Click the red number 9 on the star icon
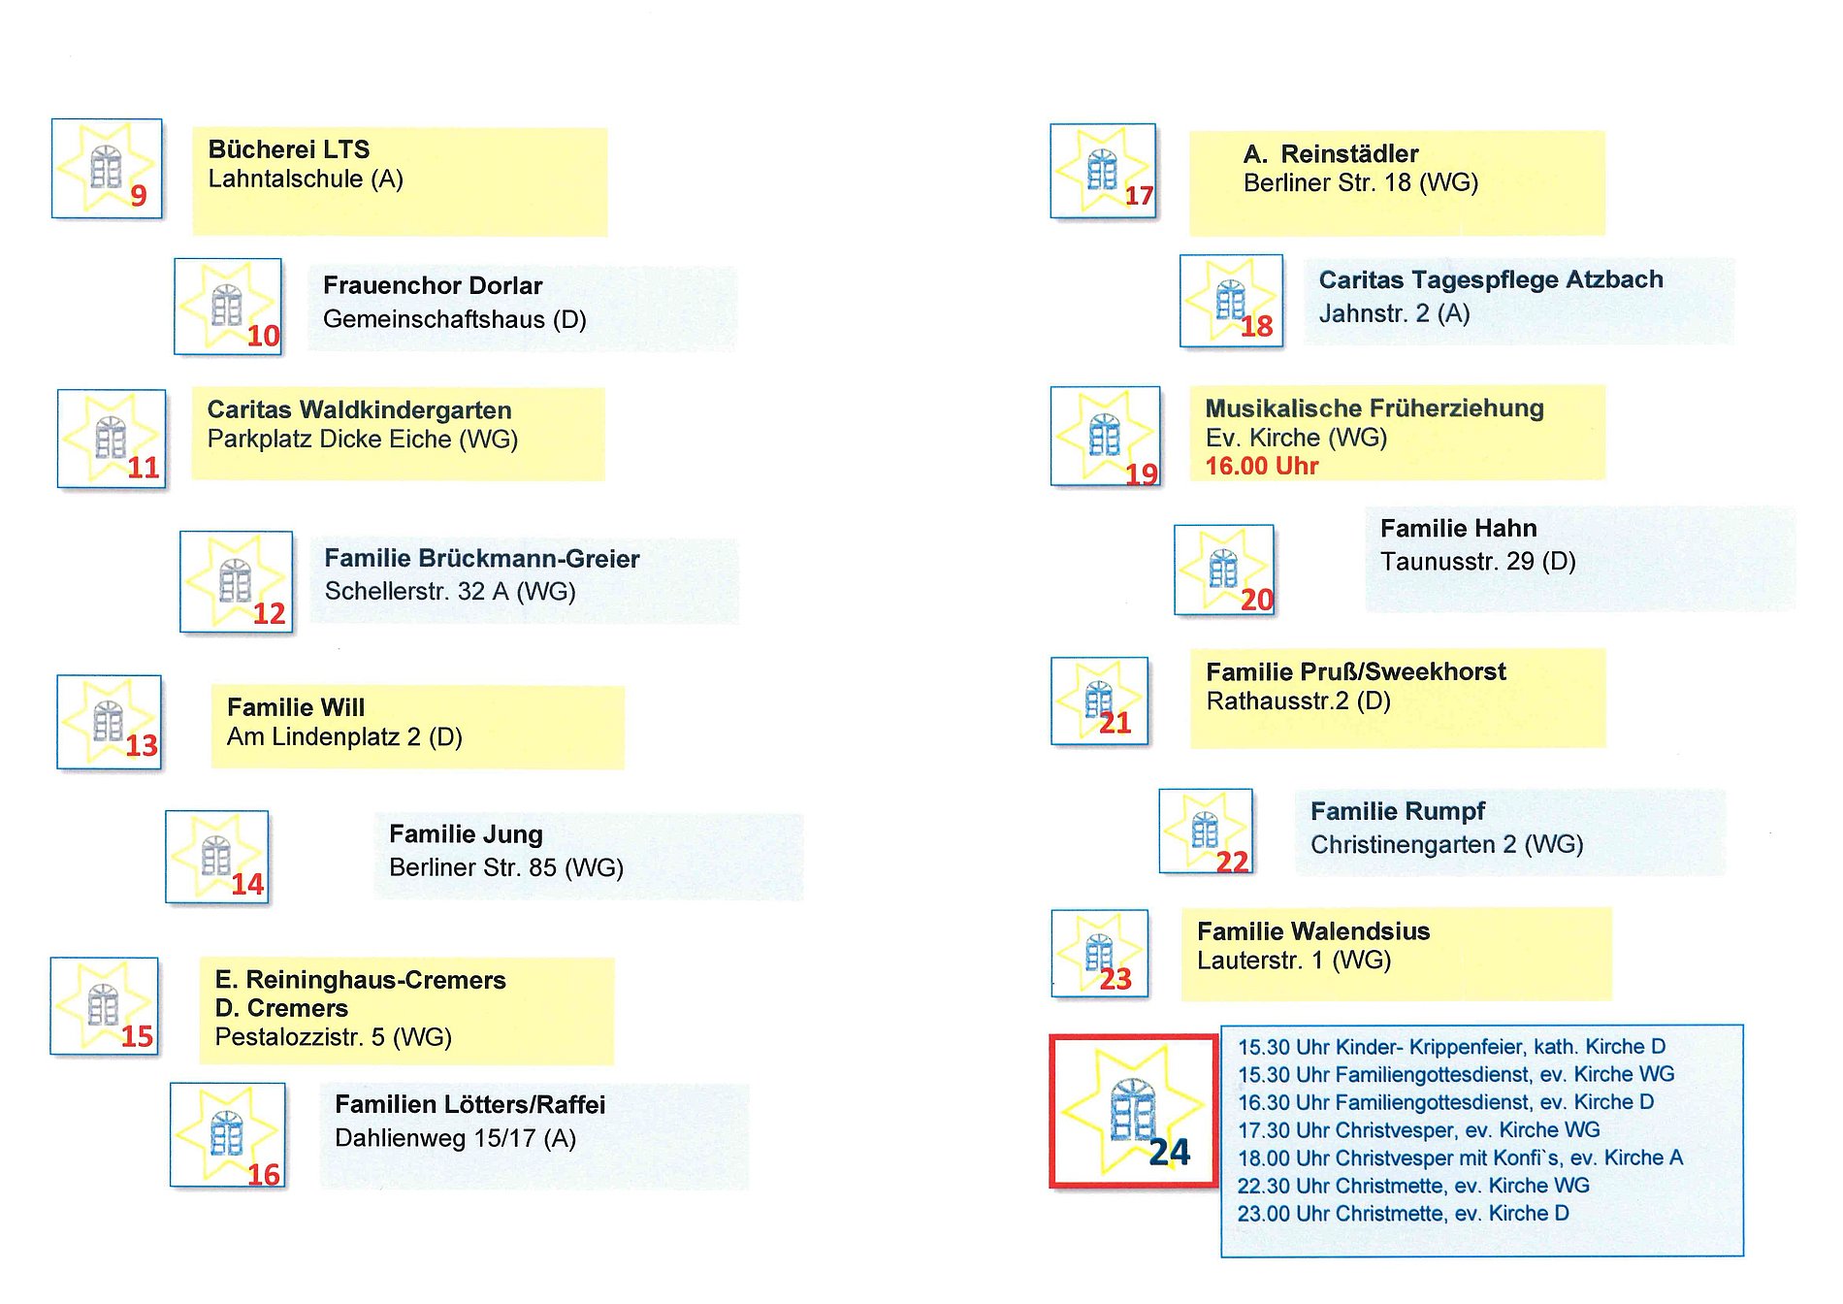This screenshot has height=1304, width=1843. click(139, 196)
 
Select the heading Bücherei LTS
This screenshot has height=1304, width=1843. click(289, 149)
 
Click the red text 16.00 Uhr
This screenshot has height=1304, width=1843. click(1261, 467)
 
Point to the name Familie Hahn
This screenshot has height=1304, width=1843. click(1458, 529)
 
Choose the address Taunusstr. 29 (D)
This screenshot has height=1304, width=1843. click(1477, 562)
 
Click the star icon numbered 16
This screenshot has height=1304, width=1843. click(228, 1134)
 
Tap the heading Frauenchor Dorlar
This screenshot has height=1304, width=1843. click(433, 286)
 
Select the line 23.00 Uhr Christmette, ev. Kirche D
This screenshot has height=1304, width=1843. click(1403, 1214)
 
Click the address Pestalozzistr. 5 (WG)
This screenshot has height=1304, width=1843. click(333, 1037)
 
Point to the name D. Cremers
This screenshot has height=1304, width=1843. click(281, 1008)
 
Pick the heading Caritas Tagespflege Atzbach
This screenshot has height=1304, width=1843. click(1490, 280)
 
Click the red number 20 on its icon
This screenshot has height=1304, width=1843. click(1256, 600)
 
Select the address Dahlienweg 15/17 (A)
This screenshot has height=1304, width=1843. click(455, 1138)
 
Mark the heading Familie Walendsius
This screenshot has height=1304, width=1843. click(1312, 931)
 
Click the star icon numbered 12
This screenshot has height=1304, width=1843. click(236, 581)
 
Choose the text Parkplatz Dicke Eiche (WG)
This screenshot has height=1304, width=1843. click(363, 440)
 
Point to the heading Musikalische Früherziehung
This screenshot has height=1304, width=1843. click(1374, 408)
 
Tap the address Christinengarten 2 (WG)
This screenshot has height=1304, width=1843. click(1446, 845)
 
